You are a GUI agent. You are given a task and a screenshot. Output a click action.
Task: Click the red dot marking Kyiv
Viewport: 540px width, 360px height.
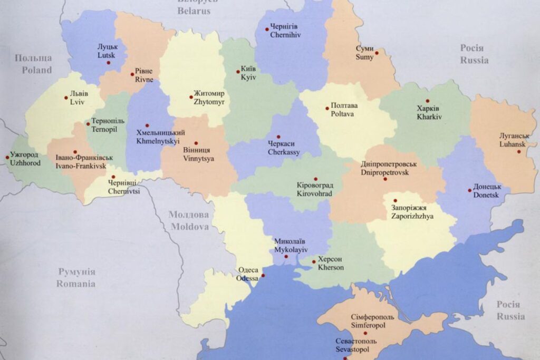237,72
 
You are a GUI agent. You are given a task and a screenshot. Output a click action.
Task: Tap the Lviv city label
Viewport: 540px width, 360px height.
79,98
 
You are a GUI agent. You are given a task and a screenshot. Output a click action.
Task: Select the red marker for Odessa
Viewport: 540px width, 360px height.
263,275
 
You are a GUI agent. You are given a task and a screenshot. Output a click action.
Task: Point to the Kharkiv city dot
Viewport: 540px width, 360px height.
428,101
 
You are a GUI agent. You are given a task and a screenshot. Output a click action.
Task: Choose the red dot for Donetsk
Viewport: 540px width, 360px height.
469,190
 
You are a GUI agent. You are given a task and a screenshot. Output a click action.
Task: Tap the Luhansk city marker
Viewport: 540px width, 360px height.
519,152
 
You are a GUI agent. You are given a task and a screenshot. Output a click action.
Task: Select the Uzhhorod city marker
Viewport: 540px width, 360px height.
7,156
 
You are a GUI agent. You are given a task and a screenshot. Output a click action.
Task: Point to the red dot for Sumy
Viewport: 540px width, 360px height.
377,52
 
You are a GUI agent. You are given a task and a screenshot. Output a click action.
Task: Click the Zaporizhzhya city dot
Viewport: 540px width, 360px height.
394,200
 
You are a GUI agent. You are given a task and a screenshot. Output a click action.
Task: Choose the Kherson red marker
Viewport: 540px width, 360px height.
313,261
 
